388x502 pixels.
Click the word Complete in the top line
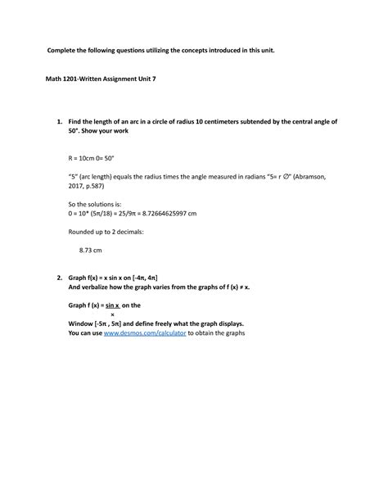tap(64, 51)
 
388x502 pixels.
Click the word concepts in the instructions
tap(193, 51)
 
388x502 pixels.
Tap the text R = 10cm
tap(83, 154)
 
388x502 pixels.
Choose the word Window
tap(81, 323)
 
